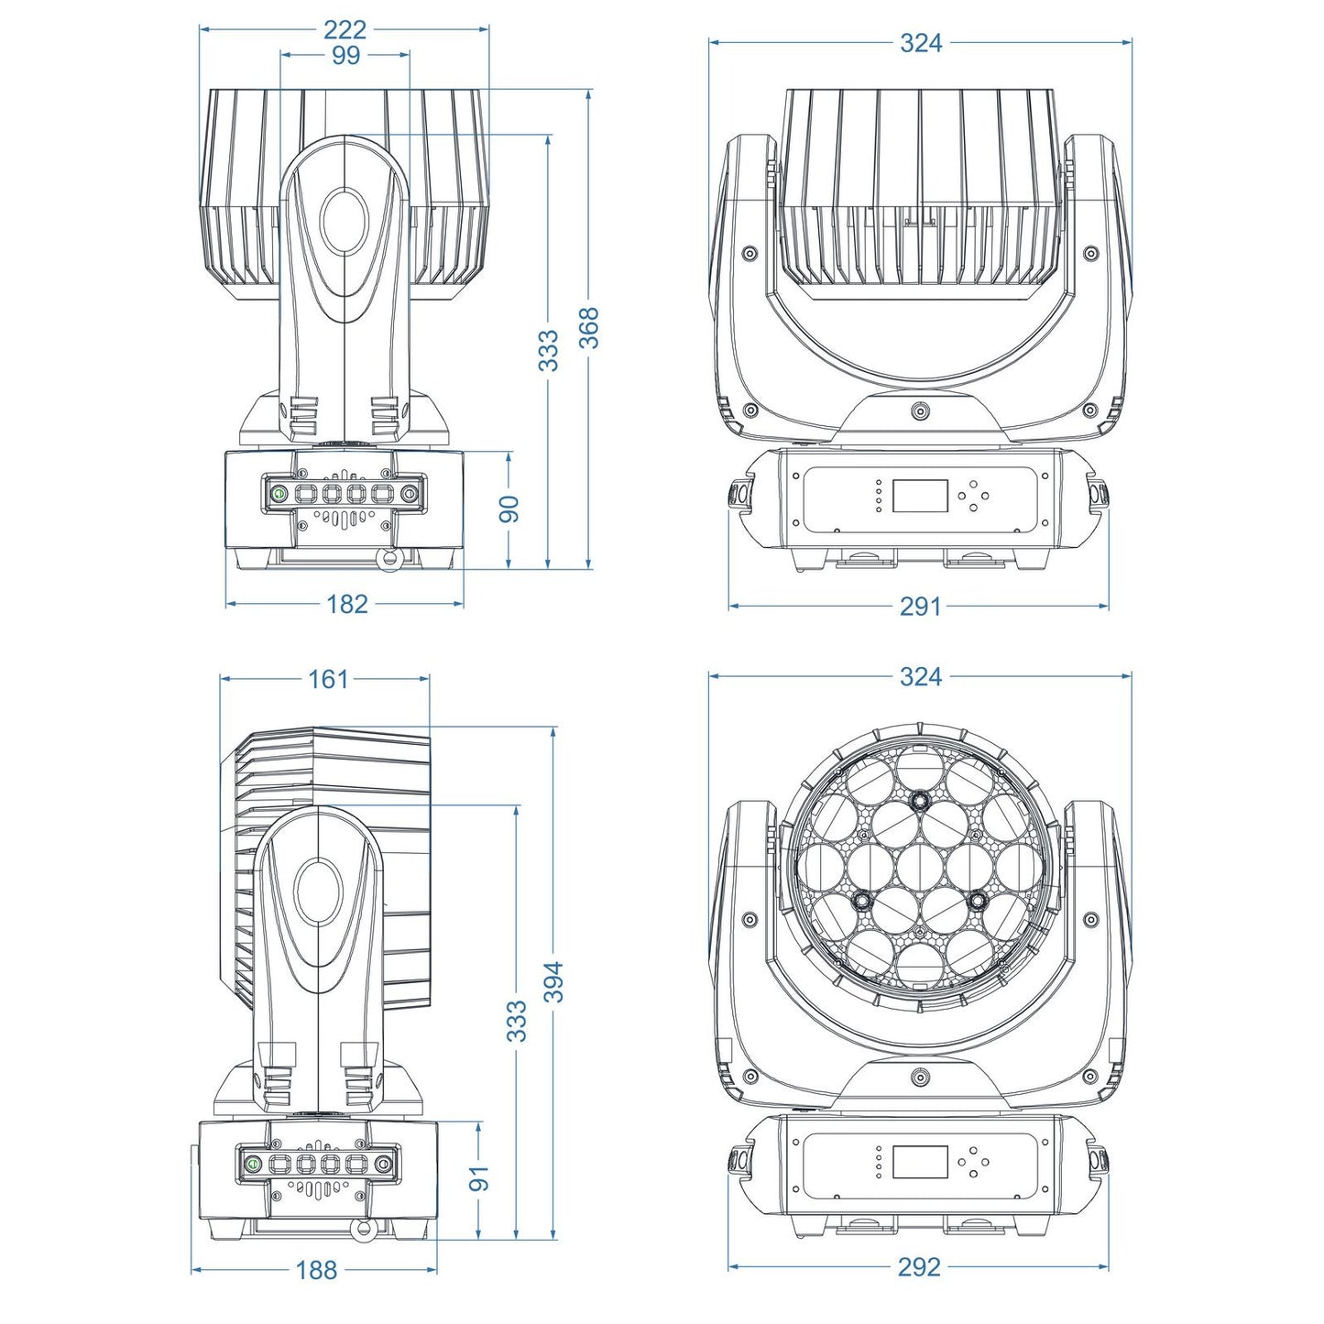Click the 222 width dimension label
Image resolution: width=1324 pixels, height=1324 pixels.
345,29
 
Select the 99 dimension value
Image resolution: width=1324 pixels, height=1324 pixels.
345,55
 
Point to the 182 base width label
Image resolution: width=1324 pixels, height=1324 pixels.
346,604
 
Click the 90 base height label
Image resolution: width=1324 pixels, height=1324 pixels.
509,509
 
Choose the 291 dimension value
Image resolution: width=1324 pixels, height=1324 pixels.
920,606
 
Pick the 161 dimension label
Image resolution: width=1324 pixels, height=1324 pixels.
328,679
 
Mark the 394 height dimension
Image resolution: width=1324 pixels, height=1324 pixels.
554,981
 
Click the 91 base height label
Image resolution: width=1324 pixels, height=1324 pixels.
480,1178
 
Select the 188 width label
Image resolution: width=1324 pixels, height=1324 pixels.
316,1270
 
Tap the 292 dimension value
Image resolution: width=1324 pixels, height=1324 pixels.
919,1266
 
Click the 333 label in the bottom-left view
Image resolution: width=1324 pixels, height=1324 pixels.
517,1021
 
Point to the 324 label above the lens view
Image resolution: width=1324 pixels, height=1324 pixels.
920,676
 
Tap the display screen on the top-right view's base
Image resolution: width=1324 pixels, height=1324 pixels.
920,496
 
